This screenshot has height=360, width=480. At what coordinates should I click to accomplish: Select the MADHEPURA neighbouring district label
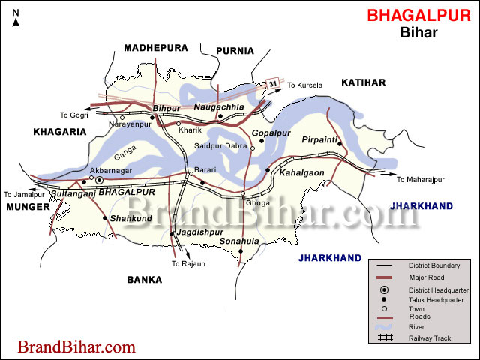[x=156, y=48]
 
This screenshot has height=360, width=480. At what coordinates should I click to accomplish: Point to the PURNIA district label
[x=235, y=51]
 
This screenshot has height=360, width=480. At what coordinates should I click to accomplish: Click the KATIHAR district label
[x=363, y=82]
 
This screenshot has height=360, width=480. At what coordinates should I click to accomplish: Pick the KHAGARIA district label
[x=60, y=132]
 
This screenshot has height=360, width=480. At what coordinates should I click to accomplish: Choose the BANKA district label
[x=144, y=280]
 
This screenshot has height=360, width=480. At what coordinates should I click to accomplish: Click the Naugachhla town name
[x=219, y=108]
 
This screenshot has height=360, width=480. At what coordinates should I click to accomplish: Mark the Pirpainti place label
[x=322, y=139]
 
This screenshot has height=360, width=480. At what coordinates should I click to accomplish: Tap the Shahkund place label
[x=125, y=218]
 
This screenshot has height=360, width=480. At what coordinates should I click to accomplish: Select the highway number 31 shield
[x=274, y=82]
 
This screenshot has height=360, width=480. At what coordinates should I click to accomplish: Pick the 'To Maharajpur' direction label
[x=421, y=180]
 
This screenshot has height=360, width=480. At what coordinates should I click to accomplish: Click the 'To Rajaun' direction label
[x=188, y=264]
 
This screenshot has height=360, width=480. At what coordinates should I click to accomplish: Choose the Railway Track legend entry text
[x=430, y=338]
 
